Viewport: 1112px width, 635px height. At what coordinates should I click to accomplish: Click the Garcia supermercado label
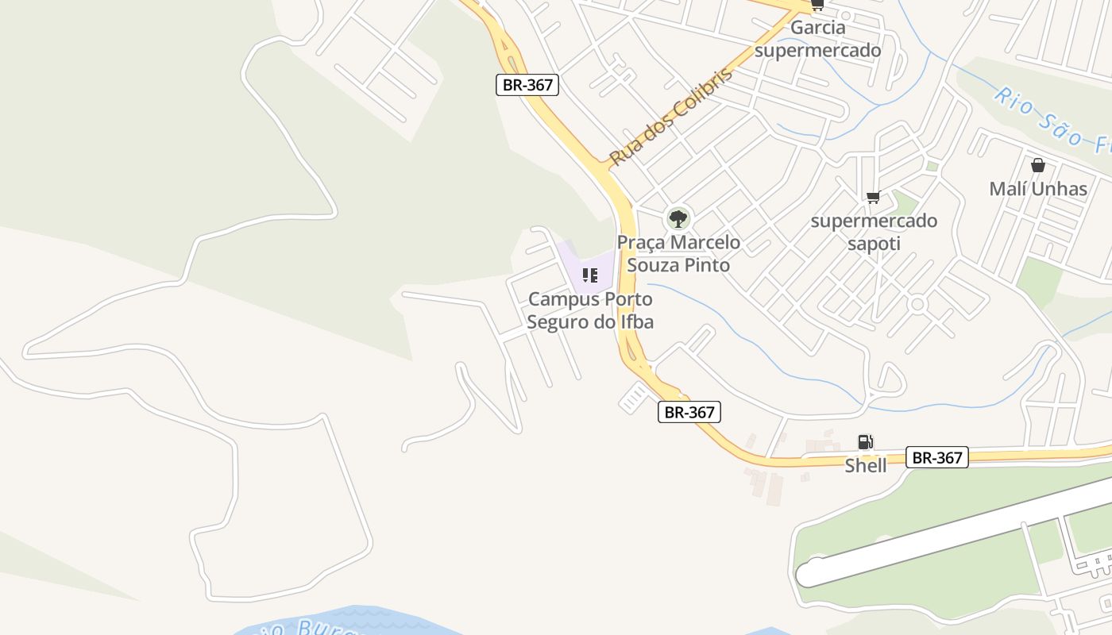point(818,40)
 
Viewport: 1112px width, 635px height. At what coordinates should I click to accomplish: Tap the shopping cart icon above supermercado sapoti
point(873,197)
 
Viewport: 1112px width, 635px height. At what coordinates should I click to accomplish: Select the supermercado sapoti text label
point(874,232)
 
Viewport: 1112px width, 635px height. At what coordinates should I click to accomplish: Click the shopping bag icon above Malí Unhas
point(1037,165)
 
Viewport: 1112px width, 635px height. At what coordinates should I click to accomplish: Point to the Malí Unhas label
point(1038,189)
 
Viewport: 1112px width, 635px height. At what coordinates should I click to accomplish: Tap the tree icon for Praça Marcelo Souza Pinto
point(678,217)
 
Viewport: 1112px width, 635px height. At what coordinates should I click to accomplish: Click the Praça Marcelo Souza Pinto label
point(678,253)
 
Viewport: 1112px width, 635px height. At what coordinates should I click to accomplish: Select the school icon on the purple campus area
point(589,275)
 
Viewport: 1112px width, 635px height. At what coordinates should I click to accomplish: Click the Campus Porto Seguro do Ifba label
point(590,310)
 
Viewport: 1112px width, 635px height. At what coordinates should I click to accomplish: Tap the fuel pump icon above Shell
point(865,442)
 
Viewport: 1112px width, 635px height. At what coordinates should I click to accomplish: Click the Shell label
point(865,466)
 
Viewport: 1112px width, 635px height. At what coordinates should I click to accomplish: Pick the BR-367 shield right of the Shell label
point(937,457)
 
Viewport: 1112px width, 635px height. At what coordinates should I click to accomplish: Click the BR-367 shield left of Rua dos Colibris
point(527,85)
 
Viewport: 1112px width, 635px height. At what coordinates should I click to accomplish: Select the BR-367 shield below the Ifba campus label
point(689,412)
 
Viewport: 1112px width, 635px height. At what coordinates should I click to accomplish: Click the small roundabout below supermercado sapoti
point(918,304)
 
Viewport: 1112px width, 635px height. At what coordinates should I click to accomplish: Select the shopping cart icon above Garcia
point(817,6)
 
